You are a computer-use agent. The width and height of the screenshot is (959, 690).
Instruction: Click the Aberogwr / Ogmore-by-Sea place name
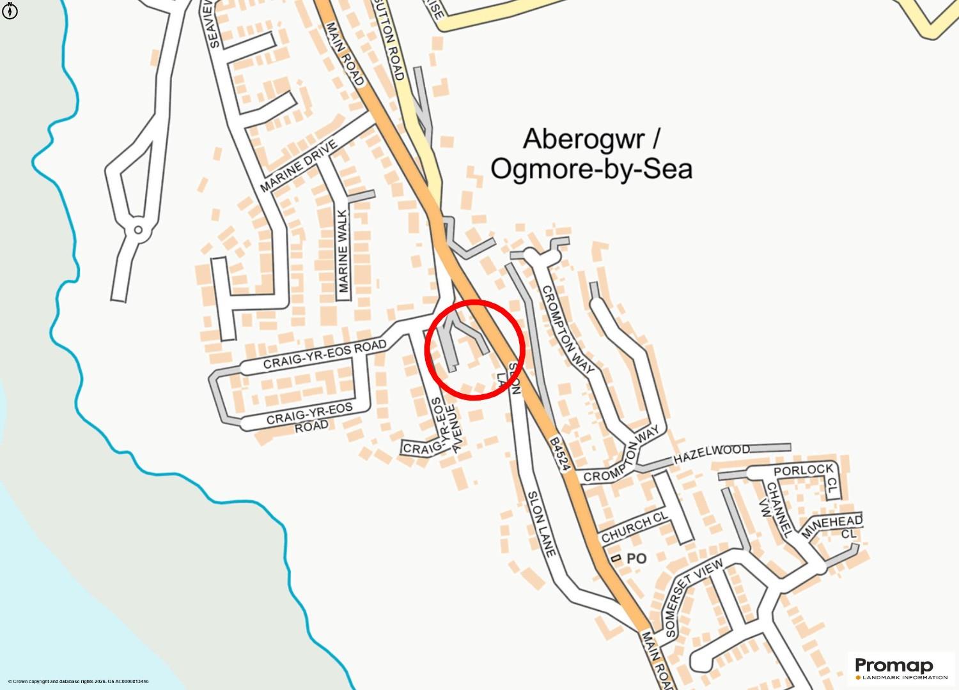(x=591, y=154)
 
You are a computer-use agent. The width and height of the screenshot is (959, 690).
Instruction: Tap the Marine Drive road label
(x=298, y=166)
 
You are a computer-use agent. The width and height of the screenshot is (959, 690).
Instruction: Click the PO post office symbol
(x=616, y=558)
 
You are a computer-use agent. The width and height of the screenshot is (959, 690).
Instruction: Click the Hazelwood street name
(x=712, y=454)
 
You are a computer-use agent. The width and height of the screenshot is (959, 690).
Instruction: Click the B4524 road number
(x=559, y=455)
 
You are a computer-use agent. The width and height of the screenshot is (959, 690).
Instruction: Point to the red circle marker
(x=474, y=350)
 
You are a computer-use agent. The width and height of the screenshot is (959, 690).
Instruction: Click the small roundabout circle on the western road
(x=137, y=230)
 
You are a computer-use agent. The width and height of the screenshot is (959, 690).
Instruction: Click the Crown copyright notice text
(x=78, y=682)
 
